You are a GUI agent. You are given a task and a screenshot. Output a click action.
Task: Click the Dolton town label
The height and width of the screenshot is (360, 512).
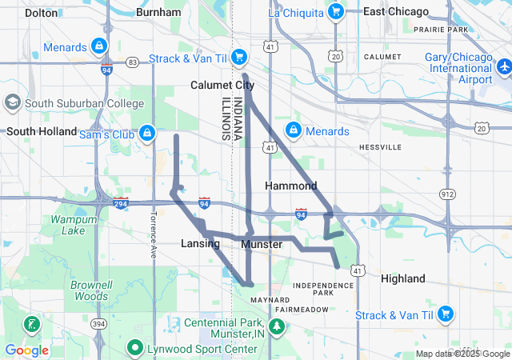41,13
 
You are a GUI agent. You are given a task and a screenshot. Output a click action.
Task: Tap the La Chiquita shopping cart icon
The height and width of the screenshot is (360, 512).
336,12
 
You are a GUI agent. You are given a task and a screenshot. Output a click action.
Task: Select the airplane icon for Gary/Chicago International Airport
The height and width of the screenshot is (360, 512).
504,69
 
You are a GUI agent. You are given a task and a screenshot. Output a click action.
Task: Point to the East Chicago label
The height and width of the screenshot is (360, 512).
395,12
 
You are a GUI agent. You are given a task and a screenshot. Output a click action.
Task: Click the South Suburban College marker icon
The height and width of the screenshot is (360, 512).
13,103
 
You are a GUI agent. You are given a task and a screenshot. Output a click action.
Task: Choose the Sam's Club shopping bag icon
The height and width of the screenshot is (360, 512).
147,133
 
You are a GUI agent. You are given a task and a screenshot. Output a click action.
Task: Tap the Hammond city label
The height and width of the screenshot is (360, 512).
291,186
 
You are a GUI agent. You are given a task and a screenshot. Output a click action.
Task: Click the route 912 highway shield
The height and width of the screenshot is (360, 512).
448,194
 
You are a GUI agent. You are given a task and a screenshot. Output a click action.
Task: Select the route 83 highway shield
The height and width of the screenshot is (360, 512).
132,62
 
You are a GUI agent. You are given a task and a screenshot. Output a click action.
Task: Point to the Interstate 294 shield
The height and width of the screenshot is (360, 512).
120,203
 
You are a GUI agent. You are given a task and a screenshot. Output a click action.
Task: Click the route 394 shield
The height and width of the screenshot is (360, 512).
98,323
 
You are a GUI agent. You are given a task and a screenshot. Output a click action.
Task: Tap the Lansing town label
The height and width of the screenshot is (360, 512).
200,243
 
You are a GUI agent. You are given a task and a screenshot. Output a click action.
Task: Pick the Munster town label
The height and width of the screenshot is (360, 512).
261,243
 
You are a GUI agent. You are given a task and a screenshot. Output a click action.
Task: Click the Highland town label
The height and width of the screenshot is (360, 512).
403,278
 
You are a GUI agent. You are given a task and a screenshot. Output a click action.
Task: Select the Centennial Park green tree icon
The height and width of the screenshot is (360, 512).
277,326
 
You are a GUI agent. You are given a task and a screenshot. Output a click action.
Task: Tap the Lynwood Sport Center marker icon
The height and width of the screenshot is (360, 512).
134,349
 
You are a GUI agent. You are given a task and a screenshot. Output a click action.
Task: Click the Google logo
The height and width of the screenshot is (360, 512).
26,350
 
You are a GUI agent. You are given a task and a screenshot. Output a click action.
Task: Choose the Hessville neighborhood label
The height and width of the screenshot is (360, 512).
380,147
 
